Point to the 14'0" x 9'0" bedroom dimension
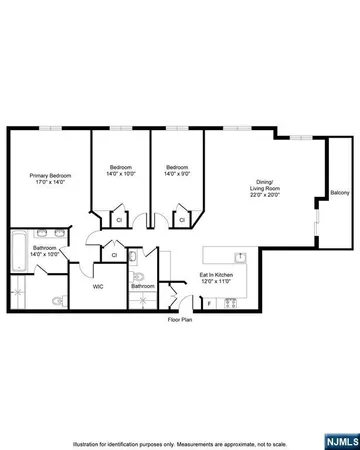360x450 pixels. (178, 174)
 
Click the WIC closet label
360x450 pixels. (98, 286)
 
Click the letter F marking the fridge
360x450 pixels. (208, 301)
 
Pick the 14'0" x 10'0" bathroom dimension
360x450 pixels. (44, 254)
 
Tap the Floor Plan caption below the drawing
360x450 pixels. (180, 320)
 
